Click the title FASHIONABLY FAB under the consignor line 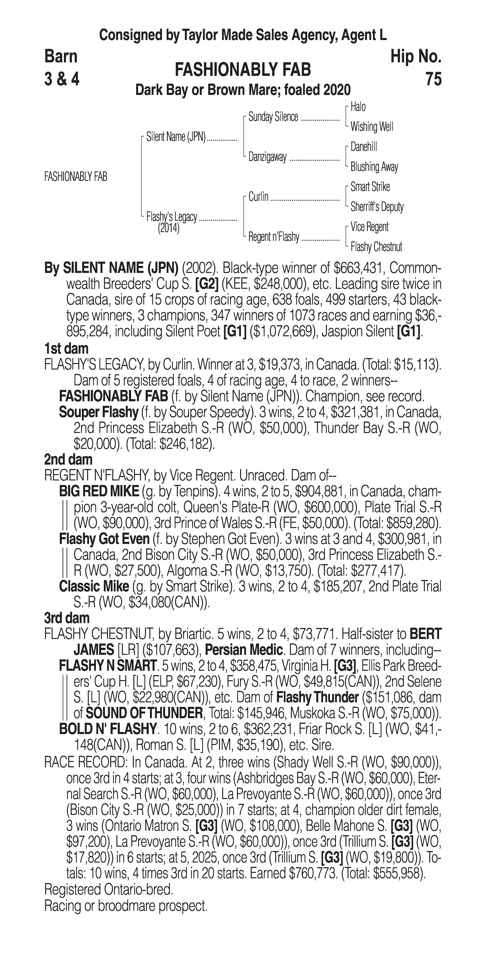(x=243, y=70)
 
